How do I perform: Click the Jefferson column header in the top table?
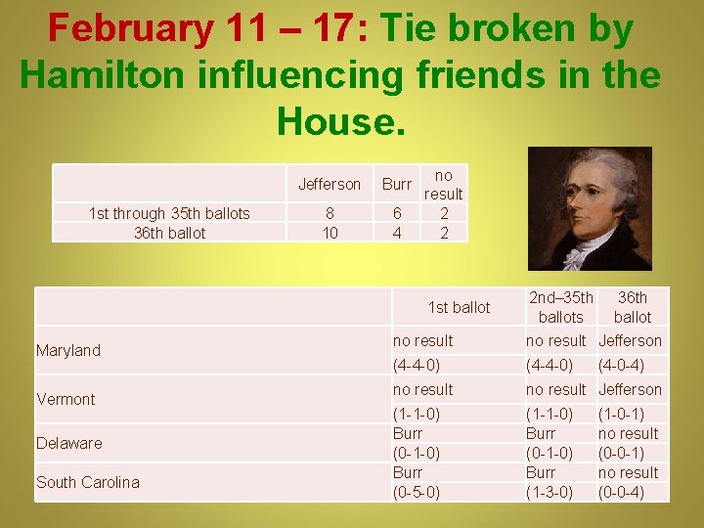[x=330, y=184]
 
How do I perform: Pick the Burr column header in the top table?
[x=397, y=184]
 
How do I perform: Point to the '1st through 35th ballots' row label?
[x=169, y=213]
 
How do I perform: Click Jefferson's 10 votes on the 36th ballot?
[x=330, y=233]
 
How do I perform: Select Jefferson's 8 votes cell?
[x=330, y=213]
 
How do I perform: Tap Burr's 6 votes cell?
[x=397, y=213]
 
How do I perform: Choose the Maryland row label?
[x=68, y=350]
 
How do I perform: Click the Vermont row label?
[x=66, y=399]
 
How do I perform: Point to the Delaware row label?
[x=68, y=443]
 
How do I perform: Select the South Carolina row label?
[x=88, y=482]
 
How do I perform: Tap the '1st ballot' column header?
[x=459, y=307]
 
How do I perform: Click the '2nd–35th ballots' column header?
[x=560, y=307]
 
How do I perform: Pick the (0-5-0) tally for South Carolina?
[x=417, y=492]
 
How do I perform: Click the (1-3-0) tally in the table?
[x=550, y=492]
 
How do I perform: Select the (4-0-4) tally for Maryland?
[x=621, y=365]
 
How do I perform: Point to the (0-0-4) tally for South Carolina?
[x=621, y=492]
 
